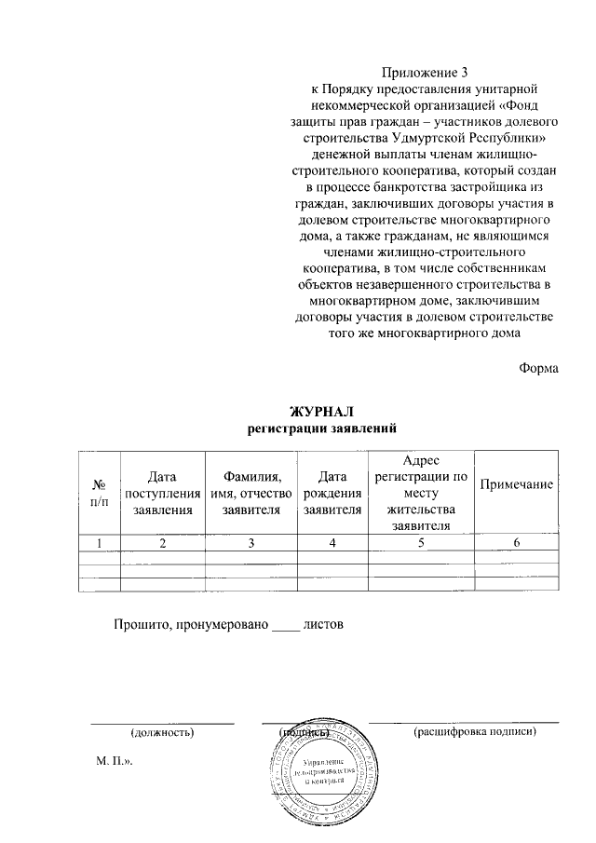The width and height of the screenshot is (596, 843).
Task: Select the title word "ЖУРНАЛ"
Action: point(322,412)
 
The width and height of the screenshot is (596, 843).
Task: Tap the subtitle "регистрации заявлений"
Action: point(322,428)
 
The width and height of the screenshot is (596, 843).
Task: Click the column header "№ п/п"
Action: point(99,493)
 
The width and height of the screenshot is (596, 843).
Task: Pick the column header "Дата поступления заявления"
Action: point(162,493)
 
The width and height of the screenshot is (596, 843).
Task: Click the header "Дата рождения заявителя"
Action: point(332,493)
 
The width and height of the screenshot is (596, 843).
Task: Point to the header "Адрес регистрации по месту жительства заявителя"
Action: point(422,493)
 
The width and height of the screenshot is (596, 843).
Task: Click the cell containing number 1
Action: point(99,543)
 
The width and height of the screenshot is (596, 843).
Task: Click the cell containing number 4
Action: point(332,543)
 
